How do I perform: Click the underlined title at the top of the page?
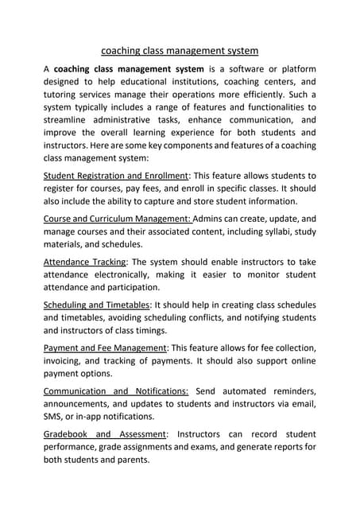click(x=180, y=51)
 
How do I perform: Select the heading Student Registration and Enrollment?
click(x=115, y=175)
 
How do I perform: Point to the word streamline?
click(x=69, y=119)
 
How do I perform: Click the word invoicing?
click(x=65, y=360)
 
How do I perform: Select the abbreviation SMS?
click(x=54, y=416)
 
